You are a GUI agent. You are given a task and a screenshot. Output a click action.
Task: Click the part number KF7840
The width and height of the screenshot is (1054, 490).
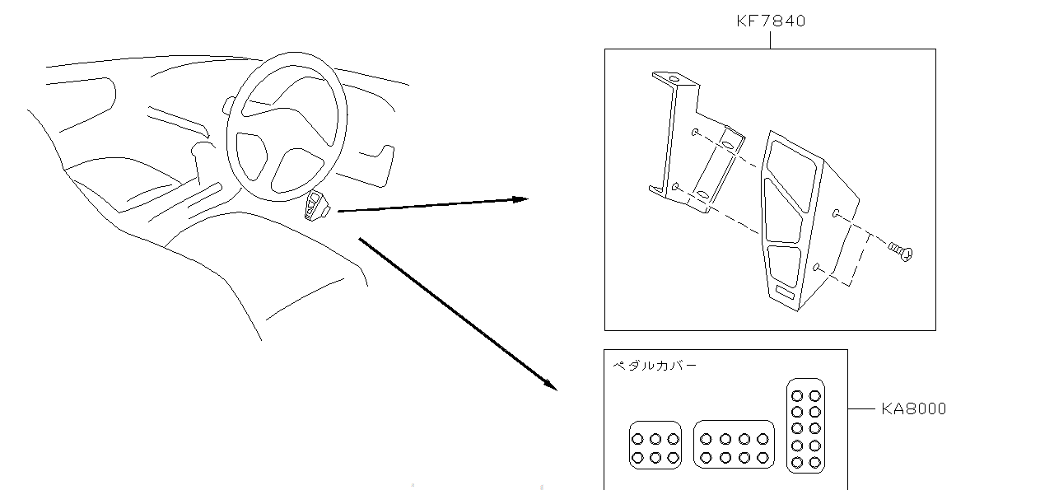click(x=770, y=21)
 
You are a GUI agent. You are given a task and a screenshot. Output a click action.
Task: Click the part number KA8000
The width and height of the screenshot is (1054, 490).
click(x=913, y=408)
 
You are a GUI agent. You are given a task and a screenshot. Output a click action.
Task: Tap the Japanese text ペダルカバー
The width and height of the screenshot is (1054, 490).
click(x=655, y=365)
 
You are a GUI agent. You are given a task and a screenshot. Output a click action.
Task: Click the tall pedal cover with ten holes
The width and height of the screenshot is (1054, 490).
click(x=805, y=426)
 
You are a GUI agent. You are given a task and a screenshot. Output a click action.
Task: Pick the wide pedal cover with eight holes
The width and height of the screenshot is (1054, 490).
click(x=734, y=445)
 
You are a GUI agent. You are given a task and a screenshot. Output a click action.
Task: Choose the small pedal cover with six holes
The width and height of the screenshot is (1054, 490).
click(x=655, y=446)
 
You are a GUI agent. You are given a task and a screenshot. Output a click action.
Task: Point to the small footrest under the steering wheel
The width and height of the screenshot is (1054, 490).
click(x=317, y=206)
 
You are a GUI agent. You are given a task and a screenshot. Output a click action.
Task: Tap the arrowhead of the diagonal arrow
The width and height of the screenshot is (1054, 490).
click(x=549, y=384)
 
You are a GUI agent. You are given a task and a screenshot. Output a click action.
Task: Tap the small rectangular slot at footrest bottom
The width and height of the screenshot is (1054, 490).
click(x=784, y=292)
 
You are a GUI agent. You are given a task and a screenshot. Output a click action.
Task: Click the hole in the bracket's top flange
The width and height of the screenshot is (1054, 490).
click(x=674, y=80)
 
